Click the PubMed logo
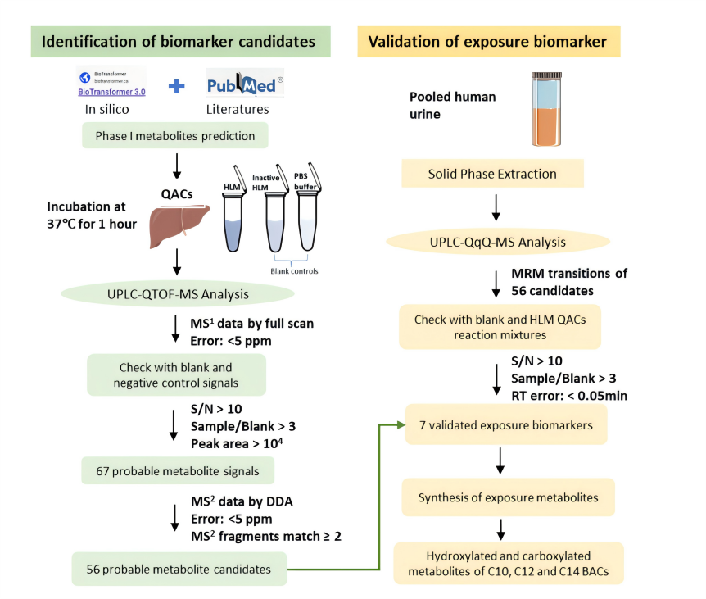coord(245,84)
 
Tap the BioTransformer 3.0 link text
coord(111,93)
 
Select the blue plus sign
coord(175,85)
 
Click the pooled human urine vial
coord(545,111)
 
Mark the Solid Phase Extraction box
coord(492,174)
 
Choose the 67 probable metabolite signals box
coord(177,470)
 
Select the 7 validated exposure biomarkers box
coord(505,425)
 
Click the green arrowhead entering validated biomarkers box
coord(400,425)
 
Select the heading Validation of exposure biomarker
coord(487,41)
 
